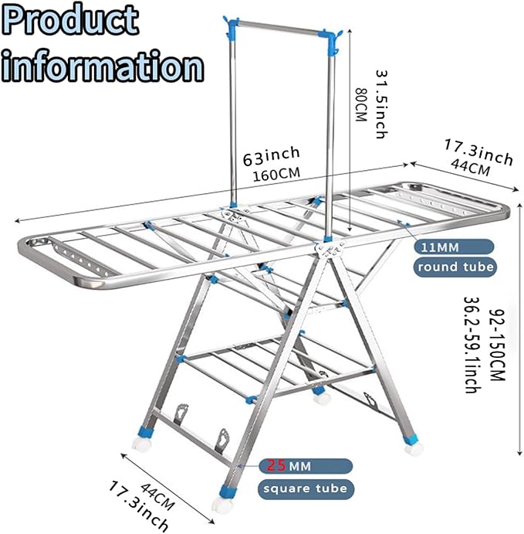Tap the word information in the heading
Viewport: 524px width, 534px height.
click(103, 66)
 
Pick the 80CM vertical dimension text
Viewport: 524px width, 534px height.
click(360, 101)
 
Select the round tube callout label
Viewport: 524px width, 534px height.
click(455, 267)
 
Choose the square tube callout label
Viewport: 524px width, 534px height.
click(306, 488)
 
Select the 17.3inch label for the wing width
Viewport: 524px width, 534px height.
click(478, 152)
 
